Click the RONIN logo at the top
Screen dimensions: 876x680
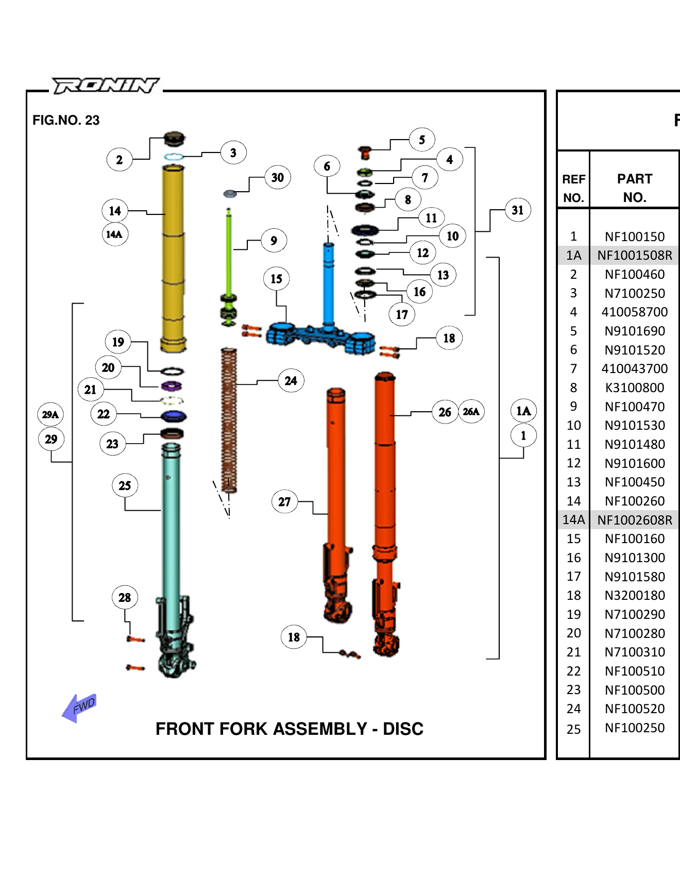pos(106,86)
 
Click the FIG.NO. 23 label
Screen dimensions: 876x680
pos(66,120)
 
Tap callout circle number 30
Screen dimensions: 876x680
pos(278,177)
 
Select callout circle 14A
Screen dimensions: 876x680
pos(114,234)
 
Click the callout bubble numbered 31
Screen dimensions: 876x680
pos(518,210)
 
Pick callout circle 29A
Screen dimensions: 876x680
pos(50,414)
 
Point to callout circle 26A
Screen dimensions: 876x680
pos(471,411)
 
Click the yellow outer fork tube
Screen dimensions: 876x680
pos(173,258)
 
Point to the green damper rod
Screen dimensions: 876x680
pos(229,252)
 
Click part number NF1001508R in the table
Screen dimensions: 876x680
pos(635,255)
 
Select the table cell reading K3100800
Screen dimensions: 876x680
pos(635,388)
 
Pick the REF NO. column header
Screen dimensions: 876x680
pos(573,188)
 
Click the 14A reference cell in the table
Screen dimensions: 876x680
pos(573,519)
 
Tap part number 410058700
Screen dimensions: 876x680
pos(635,312)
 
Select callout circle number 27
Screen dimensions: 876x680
pos(284,501)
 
